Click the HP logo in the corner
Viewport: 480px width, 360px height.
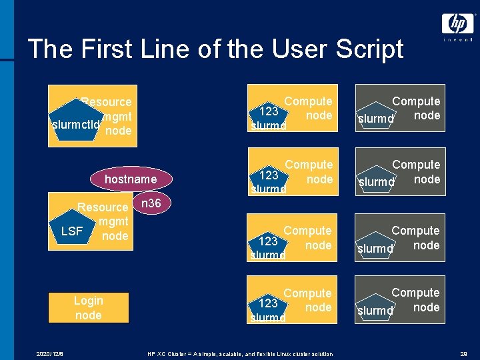[457, 25]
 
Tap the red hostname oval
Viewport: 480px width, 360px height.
[131, 179]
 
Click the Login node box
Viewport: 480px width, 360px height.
[89, 308]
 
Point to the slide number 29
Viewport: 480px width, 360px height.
[463, 353]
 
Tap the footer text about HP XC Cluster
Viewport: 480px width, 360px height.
[240, 353]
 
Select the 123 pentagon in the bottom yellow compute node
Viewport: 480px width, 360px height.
[268, 307]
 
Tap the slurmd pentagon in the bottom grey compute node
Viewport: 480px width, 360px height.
[376, 307]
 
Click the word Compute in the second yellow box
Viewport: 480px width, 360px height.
[309, 165]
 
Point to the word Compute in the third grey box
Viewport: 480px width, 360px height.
[415, 231]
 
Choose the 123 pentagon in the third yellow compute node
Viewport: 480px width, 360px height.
[268, 245]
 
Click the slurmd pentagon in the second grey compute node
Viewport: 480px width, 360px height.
[377, 178]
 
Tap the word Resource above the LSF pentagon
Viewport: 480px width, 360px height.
[103, 207]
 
